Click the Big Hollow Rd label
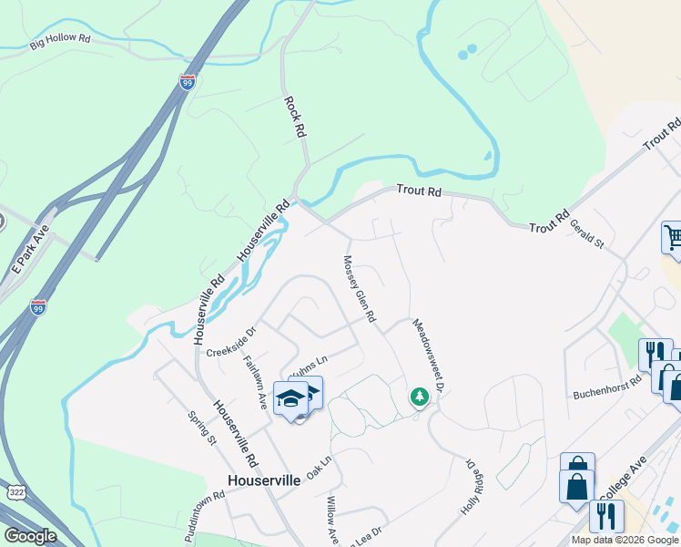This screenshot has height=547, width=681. [60, 40]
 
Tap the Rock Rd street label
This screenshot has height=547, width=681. [294, 117]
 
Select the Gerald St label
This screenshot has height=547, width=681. [587, 239]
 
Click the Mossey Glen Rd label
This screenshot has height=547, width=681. [360, 288]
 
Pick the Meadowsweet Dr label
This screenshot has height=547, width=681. [428, 356]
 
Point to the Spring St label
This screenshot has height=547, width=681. [201, 428]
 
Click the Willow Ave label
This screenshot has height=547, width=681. [332, 521]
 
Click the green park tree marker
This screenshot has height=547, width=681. [419, 397]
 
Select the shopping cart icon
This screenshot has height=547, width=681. [672, 238]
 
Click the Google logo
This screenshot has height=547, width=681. [31, 536]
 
